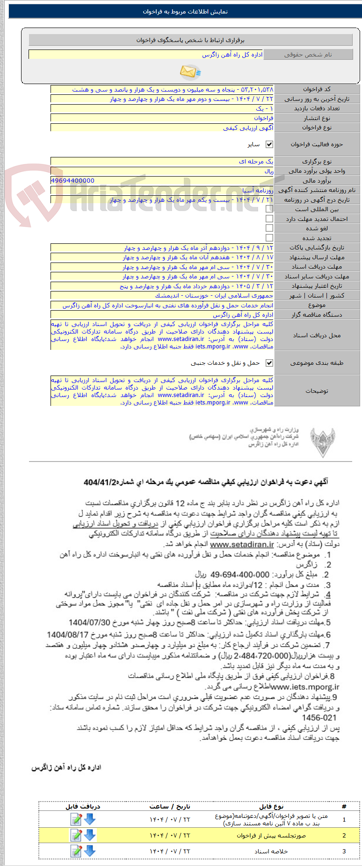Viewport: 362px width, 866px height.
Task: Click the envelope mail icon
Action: (x=190, y=71)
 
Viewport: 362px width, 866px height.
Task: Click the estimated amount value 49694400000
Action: (x=72, y=181)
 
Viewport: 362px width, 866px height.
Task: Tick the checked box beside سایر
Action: (x=269, y=145)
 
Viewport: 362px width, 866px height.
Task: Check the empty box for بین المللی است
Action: (x=269, y=209)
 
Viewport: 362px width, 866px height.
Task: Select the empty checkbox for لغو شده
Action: (x=269, y=228)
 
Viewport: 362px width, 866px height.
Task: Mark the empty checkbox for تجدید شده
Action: (x=269, y=238)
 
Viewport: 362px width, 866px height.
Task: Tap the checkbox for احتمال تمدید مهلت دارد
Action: (x=269, y=219)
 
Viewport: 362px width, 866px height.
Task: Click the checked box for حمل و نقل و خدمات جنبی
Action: (x=269, y=363)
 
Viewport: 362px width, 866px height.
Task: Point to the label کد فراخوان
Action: (x=317, y=89)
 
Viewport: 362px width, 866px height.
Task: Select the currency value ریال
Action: (x=268, y=171)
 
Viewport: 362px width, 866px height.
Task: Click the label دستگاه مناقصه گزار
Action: (x=317, y=315)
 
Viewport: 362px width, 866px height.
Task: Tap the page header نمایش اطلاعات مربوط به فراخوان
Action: (x=185, y=12)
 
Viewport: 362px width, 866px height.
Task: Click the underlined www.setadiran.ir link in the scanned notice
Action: (x=242, y=545)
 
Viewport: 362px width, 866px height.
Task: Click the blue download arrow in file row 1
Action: (x=90, y=819)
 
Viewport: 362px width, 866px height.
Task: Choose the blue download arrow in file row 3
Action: (x=90, y=851)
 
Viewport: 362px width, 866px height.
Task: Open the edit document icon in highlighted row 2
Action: (x=76, y=835)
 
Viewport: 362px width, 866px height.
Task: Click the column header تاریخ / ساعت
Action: (x=170, y=806)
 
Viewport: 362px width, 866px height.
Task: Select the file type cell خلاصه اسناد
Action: (x=271, y=852)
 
